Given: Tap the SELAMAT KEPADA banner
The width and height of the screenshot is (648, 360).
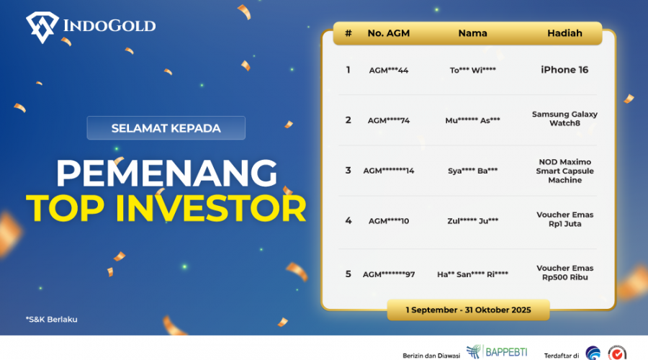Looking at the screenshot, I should point(166,128).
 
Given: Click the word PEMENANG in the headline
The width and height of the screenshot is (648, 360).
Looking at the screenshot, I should point(166,173).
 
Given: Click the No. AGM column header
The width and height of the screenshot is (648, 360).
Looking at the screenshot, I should point(388,33).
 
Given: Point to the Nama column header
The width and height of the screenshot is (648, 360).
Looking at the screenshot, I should point(472,33).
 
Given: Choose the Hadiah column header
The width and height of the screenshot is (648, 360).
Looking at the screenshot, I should point(564,33).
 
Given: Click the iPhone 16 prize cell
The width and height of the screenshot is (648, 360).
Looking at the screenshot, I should point(564,70).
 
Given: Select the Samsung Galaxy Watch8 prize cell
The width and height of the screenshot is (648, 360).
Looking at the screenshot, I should point(564,119).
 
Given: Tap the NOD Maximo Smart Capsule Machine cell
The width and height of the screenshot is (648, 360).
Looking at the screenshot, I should point(564,171).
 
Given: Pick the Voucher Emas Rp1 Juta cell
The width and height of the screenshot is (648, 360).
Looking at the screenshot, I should point(564,220).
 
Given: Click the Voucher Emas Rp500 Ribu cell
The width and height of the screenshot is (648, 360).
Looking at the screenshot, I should point(564,273).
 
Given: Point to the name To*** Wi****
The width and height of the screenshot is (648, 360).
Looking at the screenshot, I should point(472,71).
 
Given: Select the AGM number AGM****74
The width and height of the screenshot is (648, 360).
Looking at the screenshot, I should point(388,120).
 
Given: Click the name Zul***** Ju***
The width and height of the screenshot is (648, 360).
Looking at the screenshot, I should point(472,221).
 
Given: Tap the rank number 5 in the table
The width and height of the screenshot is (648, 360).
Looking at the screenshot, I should point(348,274).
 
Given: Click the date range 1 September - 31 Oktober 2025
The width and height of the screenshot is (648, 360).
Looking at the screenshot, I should point(468,310).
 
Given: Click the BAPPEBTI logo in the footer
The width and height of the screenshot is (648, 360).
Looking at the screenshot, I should point(496,351).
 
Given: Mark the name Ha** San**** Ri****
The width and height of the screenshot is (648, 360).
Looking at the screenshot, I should point(472,274).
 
